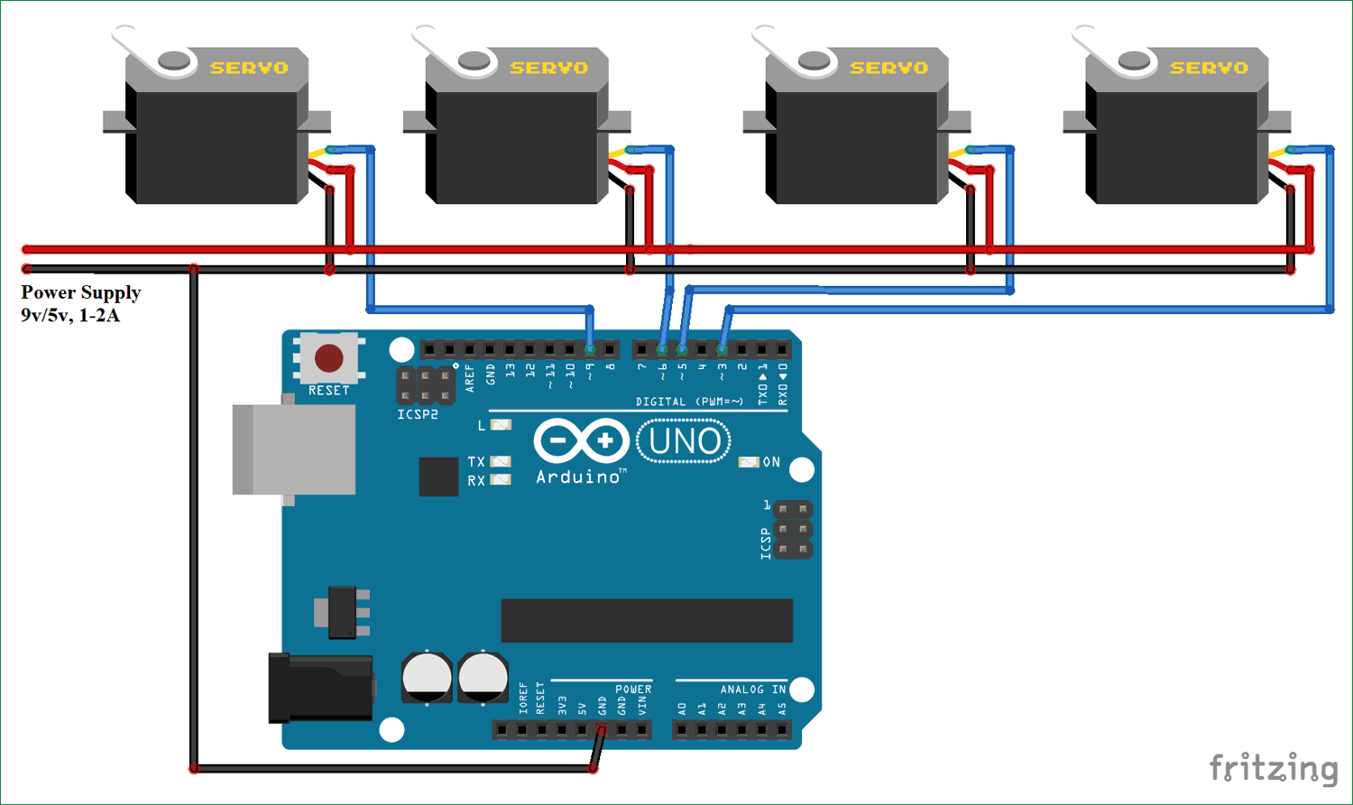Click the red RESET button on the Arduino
point(328,358)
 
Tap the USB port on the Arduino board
point(294,449)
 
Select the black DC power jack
point(320,689)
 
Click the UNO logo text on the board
point(684,442)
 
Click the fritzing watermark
point(1273,768)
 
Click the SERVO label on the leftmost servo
point(249,68)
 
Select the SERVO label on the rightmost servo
point(1209,68)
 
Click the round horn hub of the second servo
point(474,60)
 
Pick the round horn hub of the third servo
point(814,60)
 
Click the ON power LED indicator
point(749,462)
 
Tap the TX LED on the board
point(500,461)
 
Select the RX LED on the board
point(500,480)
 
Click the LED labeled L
point(501,424)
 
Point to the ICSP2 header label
point(418,414)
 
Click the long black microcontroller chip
point(647,620)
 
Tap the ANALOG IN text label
point(752,689)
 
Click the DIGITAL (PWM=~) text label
point(689,402)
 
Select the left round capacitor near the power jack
point(427,677)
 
